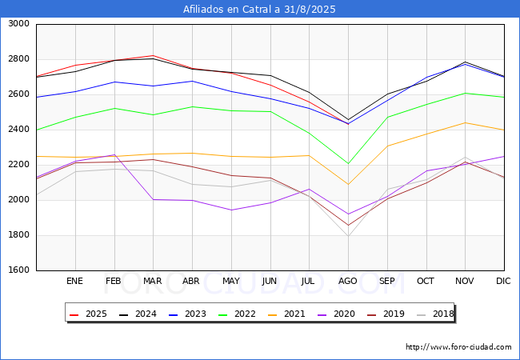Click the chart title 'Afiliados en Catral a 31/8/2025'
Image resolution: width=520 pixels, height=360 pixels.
[x=259, y=10]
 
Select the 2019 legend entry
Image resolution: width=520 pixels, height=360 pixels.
[x=381, y=314]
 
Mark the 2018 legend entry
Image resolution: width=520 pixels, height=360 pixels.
[x=430, y=314]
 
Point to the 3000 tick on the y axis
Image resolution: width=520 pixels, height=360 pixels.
[x=19, y=24]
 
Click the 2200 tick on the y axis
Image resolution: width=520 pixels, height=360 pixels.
[x=19, y=165]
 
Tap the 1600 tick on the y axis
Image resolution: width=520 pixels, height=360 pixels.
[x=19, y=270]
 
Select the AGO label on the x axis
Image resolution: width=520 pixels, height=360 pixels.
[x=348, y=282]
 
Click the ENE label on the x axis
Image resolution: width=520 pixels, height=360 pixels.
[x=75, y=282]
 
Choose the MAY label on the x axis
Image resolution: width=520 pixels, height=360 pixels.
[x=231, y=282]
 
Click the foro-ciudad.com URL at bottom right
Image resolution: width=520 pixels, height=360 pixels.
[x=458, y=347]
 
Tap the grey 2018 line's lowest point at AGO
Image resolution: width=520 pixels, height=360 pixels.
[x=348, y=235]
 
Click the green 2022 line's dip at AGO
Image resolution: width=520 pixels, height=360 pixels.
[x=348, y=164]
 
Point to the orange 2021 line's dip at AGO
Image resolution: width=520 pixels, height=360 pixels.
[x=348, y=185]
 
